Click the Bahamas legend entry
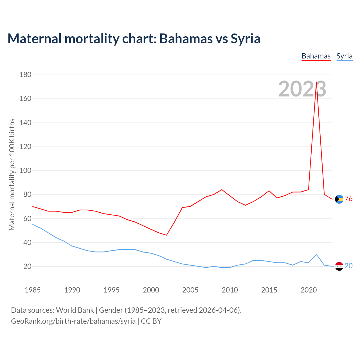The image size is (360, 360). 316,56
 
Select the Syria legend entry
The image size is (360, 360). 344,56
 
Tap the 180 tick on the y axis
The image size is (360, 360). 25,75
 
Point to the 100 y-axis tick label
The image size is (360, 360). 25,171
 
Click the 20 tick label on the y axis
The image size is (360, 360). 27,266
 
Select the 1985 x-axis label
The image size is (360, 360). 33,290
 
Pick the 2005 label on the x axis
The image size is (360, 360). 190,290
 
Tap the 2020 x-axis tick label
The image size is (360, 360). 309,290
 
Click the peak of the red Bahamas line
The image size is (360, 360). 316,82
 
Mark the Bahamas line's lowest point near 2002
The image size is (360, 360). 166,235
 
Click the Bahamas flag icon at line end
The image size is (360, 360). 339,199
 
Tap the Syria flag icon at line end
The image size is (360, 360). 339,266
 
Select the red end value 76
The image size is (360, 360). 348,199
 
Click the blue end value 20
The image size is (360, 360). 348,266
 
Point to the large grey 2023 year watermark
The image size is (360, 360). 302,89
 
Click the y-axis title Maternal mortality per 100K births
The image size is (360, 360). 12,174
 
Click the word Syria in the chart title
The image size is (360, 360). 245,39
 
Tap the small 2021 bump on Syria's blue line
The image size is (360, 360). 316,254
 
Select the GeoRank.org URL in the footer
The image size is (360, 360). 73,321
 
